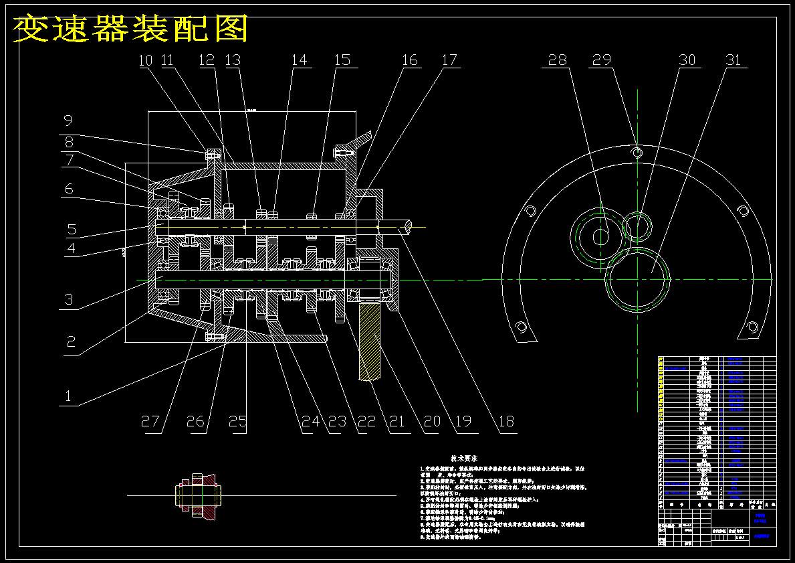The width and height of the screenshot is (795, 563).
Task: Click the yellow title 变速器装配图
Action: pyautogui.click(x=131, y=29)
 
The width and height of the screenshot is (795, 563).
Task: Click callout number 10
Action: pyautogui.click(x=146, y=60)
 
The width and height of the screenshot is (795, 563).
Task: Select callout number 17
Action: pyautogui.click(x=450, y=60)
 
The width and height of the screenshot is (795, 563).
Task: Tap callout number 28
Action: pyautogui.click(x=557, y=60)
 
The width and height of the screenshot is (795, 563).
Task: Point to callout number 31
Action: pyautogui.click(x=733, y=60)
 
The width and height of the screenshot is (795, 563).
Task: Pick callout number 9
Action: pyautogui.click(x=68, y=121)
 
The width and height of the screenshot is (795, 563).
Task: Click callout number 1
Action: pyautogui.click(x=68, y=396)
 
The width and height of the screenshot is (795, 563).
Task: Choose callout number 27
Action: pyautogui.click(x=150, y=422)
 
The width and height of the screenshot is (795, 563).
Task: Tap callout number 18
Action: pyautogui.click(x=507, y=422)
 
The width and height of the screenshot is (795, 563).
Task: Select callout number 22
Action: pyautogui.click(x=366, y=422)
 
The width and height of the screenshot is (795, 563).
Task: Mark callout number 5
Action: pyautogui.click(x=72, y=230)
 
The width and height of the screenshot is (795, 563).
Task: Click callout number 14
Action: pyautogui.click(x=299, y=60)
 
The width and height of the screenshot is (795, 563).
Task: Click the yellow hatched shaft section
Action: pyautogui.click(x=370, y=341)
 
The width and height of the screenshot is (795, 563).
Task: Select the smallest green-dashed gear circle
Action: pyautogui.click(x=637, y=226)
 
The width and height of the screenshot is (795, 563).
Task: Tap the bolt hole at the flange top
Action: pyautogui.click(x=638, y=152)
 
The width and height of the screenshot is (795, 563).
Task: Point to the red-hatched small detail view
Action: pyautogui.click(x=200, y=496)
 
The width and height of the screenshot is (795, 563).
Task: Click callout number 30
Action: pyautogui.click(x=687, y=60)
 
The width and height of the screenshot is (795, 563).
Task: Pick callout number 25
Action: pyautogui.click(x=238, y=422)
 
